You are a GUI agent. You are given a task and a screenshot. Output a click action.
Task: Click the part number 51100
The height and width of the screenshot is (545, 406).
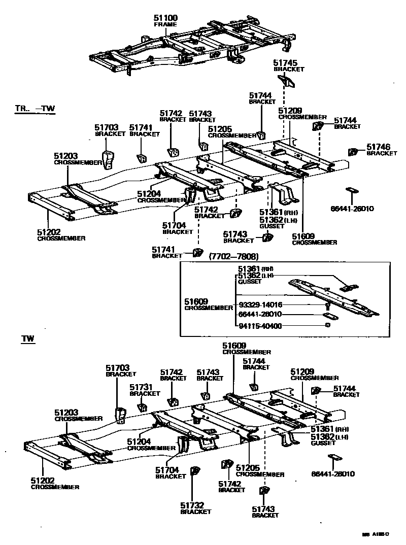point(165,18)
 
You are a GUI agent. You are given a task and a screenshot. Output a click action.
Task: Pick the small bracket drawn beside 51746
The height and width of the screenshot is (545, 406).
point(353,151)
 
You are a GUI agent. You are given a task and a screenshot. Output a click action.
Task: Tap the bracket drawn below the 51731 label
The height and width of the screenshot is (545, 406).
point(143,407)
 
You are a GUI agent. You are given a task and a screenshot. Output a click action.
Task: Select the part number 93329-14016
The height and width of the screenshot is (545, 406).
point(260,305)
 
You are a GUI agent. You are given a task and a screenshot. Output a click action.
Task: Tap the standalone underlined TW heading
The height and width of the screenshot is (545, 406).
point(27,338)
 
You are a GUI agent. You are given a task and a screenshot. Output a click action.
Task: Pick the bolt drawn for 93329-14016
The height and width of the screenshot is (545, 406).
point(327,306)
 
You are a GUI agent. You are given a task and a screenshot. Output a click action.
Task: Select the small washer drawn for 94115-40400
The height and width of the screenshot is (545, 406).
point(327,324)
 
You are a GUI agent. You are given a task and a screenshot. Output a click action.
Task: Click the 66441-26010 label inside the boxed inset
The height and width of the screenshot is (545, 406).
point(260,315)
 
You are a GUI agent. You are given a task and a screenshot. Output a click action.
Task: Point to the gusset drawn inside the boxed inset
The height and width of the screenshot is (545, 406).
point(348,288)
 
